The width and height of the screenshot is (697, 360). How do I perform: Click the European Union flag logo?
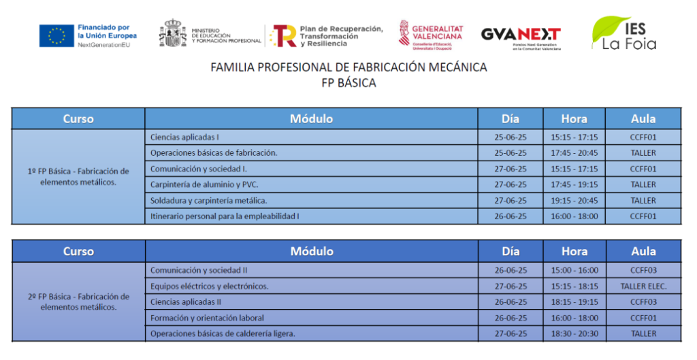56,35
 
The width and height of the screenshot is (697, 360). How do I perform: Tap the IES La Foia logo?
623,34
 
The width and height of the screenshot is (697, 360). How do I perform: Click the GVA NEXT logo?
521,35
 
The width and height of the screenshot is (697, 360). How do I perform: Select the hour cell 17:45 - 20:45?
574,152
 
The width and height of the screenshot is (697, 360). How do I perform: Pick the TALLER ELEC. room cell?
643,286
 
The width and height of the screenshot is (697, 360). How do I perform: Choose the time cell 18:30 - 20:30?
574,333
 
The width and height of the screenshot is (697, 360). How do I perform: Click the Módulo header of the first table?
311,118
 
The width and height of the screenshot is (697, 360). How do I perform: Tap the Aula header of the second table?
643,251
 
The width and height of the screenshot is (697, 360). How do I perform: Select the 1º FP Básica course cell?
78,176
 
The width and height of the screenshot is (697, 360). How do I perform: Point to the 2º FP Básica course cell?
78,301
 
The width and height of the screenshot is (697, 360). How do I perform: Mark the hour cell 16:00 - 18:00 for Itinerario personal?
574,216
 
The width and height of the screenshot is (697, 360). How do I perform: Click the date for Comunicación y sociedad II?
510,270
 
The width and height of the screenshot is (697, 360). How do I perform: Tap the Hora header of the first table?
574,118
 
